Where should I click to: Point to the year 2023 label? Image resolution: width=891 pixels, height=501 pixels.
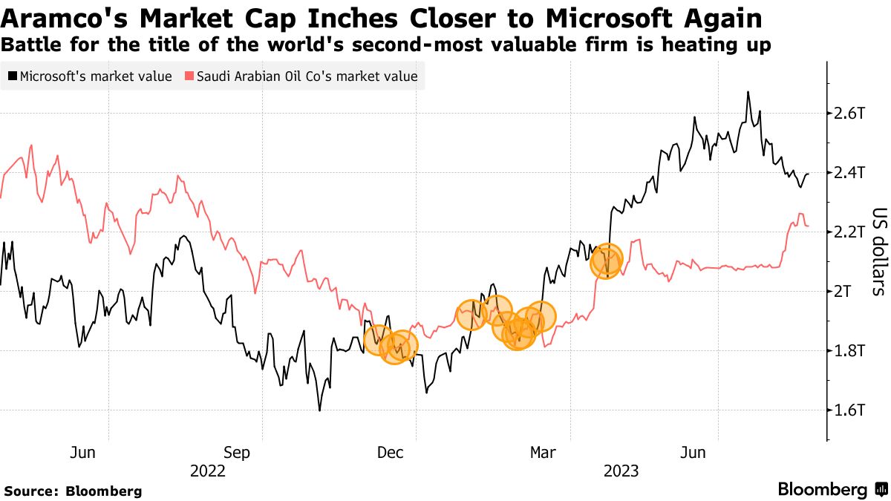click(621, 471)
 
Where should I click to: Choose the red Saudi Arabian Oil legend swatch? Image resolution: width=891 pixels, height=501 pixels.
click(189, 76)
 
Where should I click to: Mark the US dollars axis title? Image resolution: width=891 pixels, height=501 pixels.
click(878, 250)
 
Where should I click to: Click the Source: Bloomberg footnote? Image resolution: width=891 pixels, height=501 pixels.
click(73, 491)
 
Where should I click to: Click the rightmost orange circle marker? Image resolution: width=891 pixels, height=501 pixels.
click(607, 261)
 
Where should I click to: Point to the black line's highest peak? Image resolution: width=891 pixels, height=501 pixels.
click(748, 92)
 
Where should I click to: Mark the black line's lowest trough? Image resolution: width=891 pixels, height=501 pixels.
click(319, 410)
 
